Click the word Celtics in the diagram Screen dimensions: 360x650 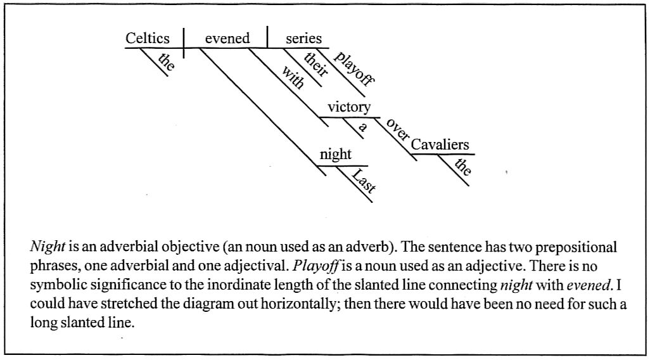[148, 39]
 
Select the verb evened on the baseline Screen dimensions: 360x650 [227, 39]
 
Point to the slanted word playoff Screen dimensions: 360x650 [354, 68]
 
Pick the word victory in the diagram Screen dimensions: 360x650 [349, 107]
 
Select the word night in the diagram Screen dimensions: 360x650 [335, 155]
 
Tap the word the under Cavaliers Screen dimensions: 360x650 [463, 167]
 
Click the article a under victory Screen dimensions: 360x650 [362, 126]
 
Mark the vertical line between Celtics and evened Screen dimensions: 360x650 [184, 38]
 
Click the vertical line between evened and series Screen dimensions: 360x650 [267, 37]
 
